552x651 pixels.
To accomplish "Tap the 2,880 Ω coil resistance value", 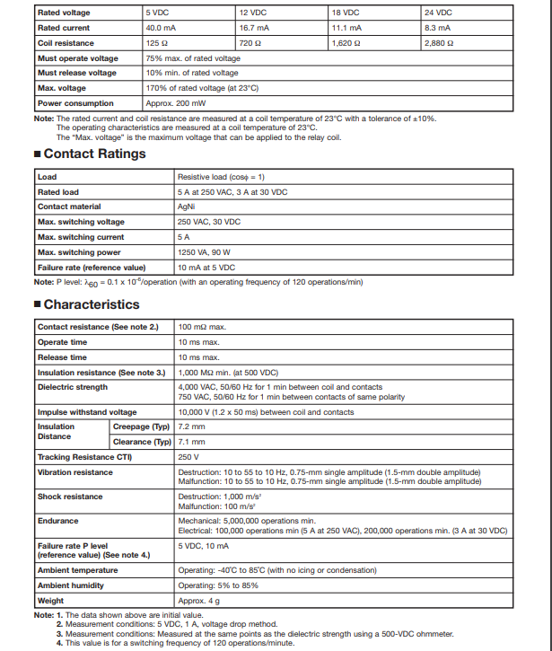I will [439, 43].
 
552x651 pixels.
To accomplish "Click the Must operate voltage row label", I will [77, 58].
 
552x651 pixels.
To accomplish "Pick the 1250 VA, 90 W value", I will [203, 252].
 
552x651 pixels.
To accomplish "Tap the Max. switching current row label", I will [81, 237].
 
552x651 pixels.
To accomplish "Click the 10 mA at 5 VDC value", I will [206, 268].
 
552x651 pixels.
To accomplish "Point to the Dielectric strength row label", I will [72, 387].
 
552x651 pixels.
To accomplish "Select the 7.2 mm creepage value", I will [192, 427].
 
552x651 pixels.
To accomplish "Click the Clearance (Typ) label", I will [142, 442].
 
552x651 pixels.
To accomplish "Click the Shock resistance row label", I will [70, 497].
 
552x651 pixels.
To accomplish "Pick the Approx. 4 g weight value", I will [198, 601].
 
